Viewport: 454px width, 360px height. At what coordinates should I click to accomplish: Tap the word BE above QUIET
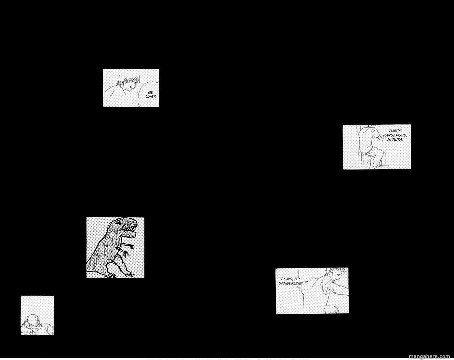click(151, 92)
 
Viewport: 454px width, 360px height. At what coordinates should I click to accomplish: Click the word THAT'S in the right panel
click(395, 131)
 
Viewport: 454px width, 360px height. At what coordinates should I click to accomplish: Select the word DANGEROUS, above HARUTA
click(395, 135)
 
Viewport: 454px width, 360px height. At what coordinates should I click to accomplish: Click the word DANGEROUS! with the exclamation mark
click(291, 283)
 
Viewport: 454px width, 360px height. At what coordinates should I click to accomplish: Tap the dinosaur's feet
click(120, 274)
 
